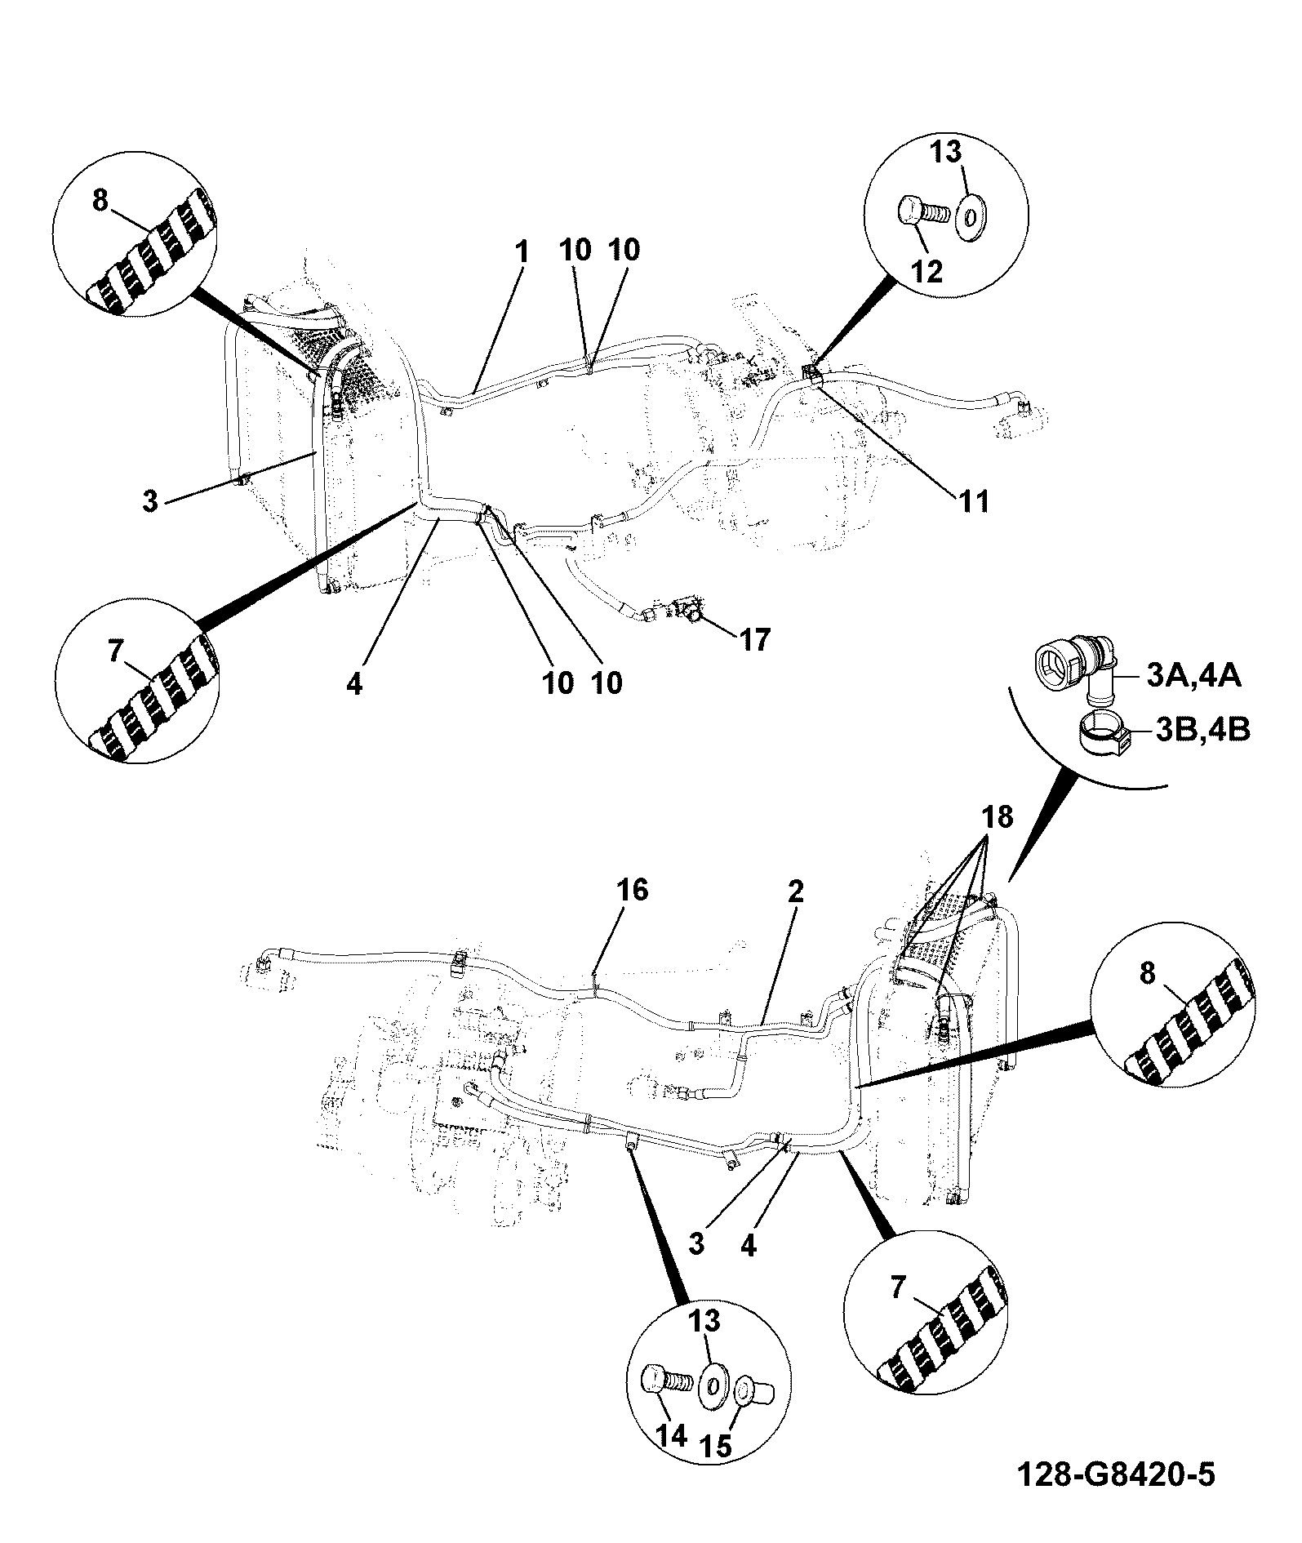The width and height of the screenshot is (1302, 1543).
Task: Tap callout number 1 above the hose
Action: point(522,251)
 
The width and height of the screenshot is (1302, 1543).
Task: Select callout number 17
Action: point(753,640)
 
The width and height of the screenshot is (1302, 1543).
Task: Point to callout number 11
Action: point(971,500)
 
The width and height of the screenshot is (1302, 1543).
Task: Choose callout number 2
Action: point(795,891)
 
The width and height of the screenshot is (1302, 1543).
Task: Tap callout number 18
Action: point(996,816)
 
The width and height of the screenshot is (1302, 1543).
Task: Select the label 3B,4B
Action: point(1202,729)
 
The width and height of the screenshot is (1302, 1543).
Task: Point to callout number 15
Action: point(716,1445)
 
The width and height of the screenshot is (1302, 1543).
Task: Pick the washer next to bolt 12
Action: point(971,218)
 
